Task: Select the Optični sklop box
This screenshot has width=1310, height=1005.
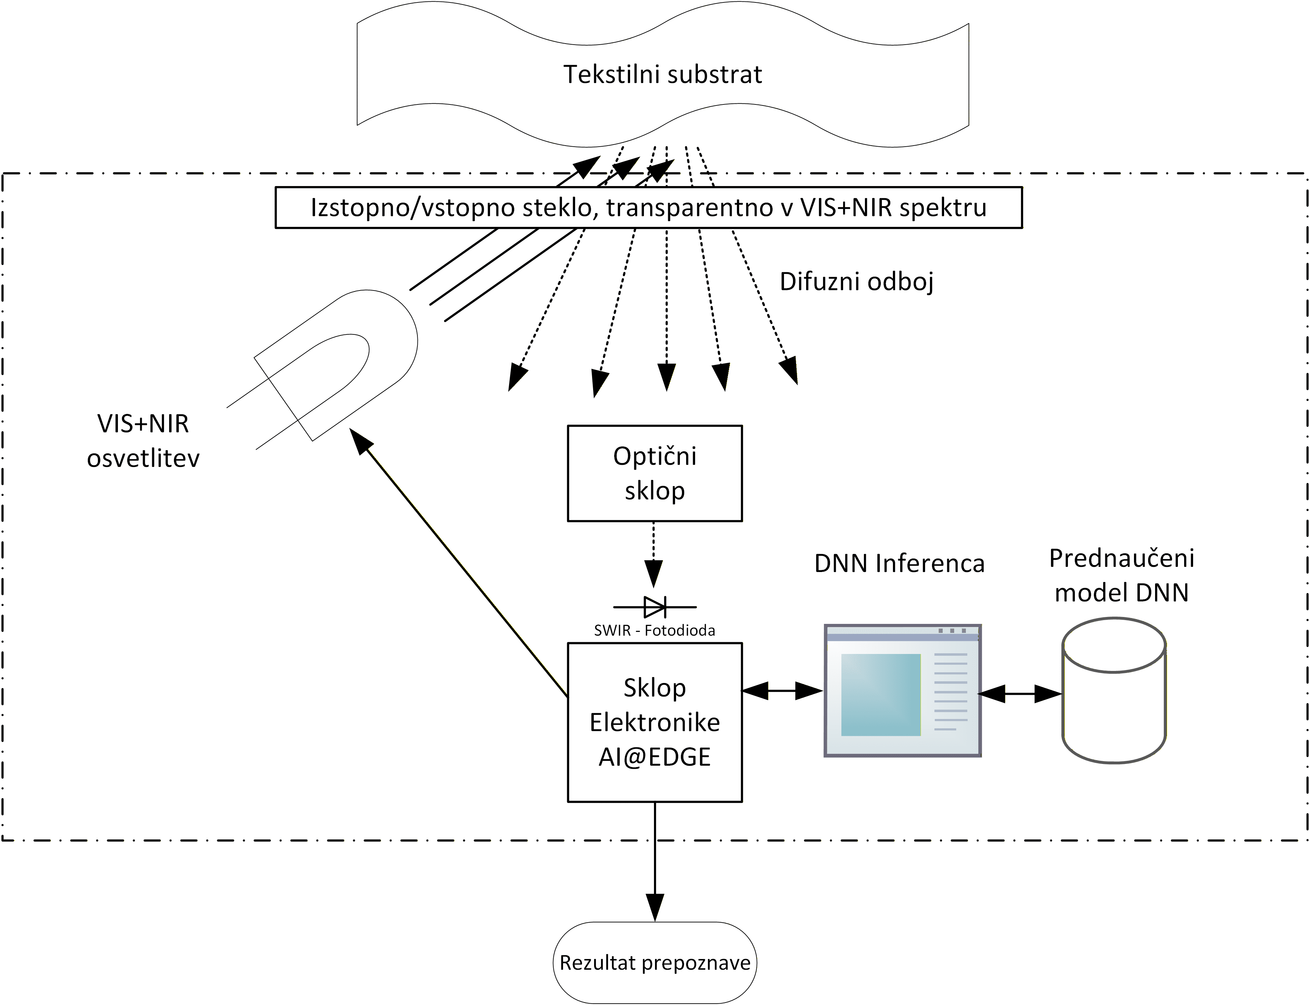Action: (654, 473)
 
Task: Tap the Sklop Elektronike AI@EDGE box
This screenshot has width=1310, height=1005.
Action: (654, 722)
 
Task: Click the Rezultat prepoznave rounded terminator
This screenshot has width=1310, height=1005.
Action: (654, 962)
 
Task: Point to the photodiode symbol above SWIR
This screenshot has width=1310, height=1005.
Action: (654, 607)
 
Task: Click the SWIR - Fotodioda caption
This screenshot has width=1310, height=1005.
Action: (654, 630)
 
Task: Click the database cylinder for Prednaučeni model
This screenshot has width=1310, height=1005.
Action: (1114, 691)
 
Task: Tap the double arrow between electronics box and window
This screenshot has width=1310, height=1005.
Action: (782, 691)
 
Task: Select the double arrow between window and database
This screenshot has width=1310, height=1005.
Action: (1020, 694)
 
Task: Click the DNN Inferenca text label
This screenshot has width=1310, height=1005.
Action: (899, 563)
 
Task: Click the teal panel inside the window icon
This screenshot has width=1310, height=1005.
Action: (880, 694)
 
